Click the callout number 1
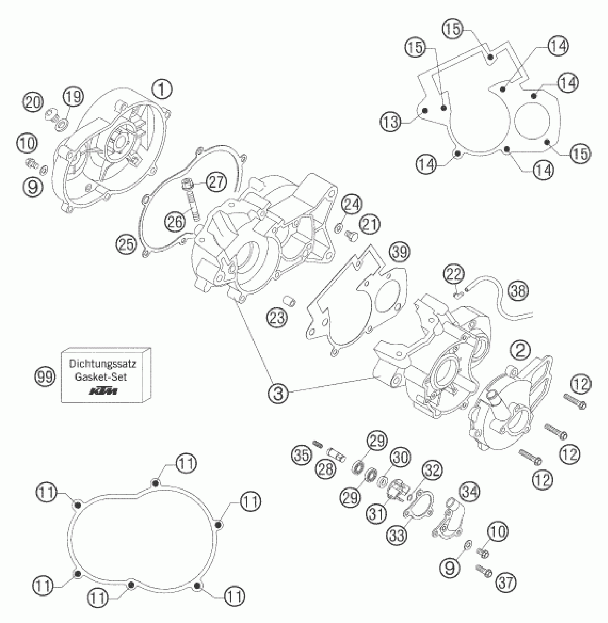[x=162, y=89]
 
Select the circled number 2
[x=520, y=351]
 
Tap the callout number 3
[x=279, y=393]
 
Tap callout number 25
[x=126, y=245]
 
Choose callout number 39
[x=400, y=252]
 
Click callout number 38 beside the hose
[x=518, y=291]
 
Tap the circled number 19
[x=73, y=97]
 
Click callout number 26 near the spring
[x=175, y=222]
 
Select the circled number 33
[x=397, y=535]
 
